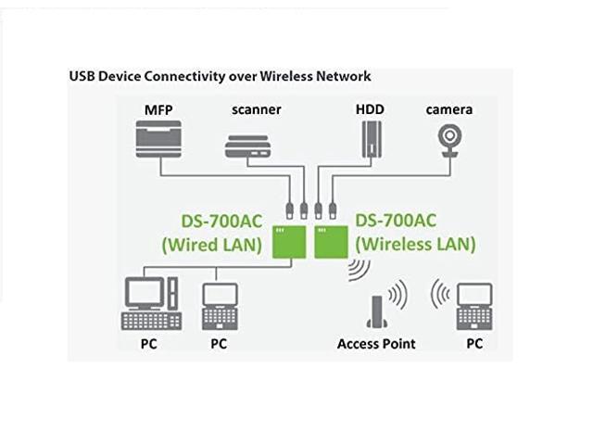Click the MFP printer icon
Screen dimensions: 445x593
160,141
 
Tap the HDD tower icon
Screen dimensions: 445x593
371,140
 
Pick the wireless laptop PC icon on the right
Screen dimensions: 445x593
474,307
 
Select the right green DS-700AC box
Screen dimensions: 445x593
331,241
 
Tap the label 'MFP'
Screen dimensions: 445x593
159,109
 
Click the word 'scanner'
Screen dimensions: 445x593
255,109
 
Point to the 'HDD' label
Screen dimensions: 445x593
370,109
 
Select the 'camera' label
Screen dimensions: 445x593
449,109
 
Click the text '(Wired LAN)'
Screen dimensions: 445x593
212,246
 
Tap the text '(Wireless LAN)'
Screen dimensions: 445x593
416,246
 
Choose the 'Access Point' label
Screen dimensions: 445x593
376,344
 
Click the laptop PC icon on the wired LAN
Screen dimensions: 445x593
219,305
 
